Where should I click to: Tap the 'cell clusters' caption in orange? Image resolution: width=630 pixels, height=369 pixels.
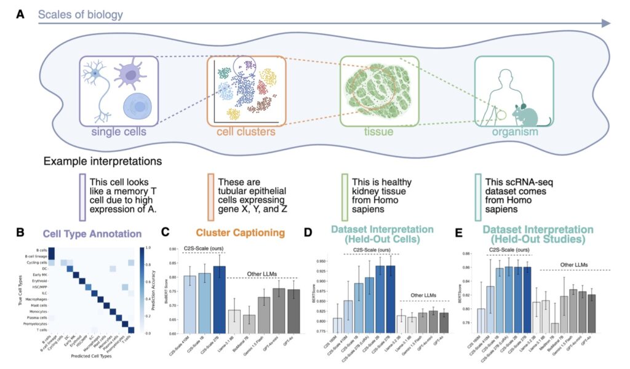246,132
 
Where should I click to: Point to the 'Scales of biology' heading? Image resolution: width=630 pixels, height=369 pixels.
81,14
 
